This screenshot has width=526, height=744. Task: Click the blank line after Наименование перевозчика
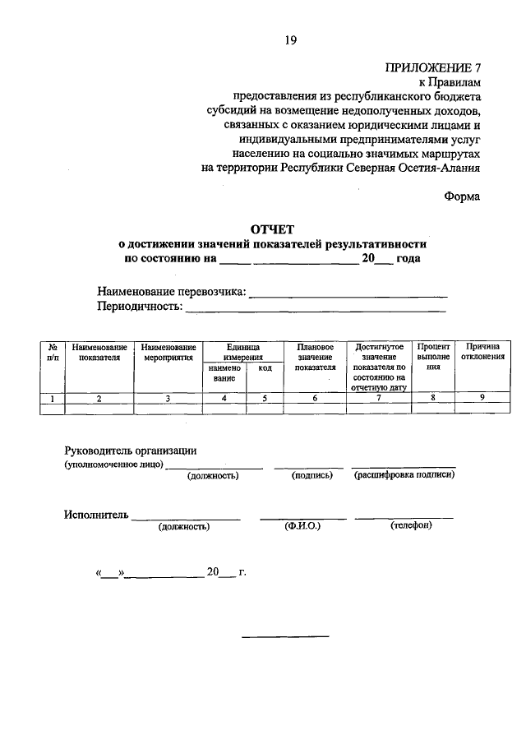tap(348, 293)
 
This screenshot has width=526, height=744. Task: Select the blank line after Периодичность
tap(316, 308)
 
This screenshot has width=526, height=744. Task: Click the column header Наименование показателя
tap(99, 353)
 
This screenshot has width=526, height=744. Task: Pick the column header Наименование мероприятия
tap(168, 353)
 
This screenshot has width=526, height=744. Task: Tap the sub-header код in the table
tap(265, 369)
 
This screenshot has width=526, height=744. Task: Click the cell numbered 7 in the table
tap(378, 398)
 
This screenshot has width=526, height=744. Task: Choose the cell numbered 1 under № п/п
tap(52, 399)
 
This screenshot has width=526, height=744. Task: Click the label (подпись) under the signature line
tap(311, 475)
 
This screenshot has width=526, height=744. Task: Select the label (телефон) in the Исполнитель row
tap(410, 526)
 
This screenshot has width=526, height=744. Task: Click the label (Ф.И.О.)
tap(302, 526)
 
